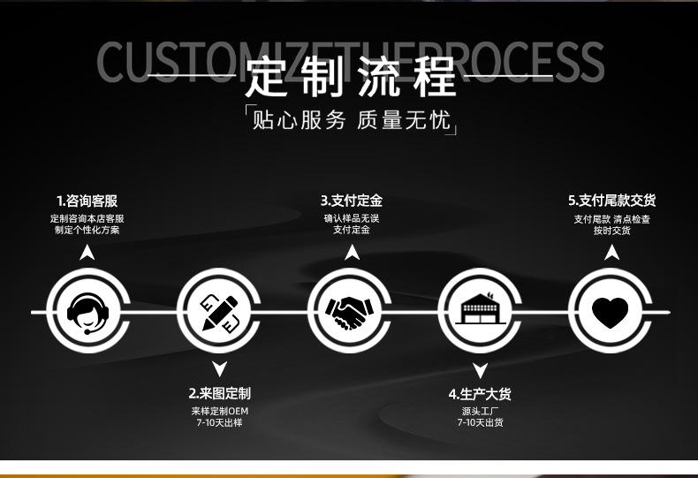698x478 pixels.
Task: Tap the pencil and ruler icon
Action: (x=219, y=312)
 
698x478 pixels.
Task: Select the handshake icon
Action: (x=351, y=312)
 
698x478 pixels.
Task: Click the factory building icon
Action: (x=481, y=312)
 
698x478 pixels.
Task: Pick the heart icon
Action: (x=611, y=312)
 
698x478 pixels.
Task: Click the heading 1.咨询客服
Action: (x=87, y=201)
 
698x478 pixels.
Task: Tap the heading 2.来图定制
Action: (x=219, y=393)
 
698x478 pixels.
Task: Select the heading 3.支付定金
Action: (x=351, y=201)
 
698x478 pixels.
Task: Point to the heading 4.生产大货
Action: (x=480, y=393)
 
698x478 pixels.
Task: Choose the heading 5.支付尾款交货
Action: (x=611, y=201)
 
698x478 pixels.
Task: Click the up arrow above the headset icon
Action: (x=87, y=253)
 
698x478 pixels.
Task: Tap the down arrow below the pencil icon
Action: (x=219, y=369)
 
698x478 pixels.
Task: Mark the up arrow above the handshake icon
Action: (x=352, y=253)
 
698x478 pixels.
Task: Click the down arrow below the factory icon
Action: (x=480, y=370)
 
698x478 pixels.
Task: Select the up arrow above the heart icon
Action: (x=611, y=253)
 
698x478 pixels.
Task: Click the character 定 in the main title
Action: (x=269, y=77)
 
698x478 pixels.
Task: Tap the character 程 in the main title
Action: (x=434, y=77)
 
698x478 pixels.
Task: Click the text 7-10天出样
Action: (x=219, y=423)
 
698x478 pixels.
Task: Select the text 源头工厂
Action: (x=480, y=411)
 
